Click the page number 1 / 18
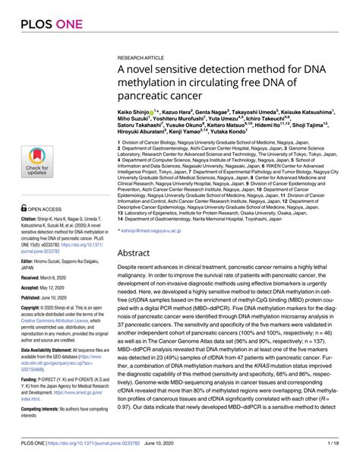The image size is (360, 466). pyautogui.click(x=341, y=454)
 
